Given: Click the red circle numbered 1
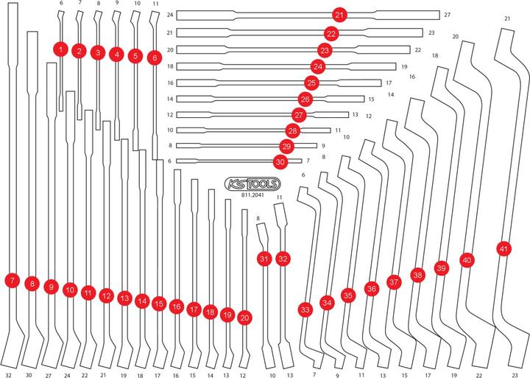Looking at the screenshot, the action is [61, 50].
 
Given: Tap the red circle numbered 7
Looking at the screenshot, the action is [13, 280].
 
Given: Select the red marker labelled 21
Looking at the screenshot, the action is [339, 15].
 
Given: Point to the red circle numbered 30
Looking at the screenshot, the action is [280, 162].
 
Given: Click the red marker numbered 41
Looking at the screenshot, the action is [504, 249].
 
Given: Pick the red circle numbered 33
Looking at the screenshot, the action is [305, 309].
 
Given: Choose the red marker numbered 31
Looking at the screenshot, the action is [264, 259].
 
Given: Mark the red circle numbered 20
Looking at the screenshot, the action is [244, 318].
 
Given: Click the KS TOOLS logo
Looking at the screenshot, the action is [252, 184].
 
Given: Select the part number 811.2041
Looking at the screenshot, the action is [252, 195].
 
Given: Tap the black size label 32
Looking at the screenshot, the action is [8, 375].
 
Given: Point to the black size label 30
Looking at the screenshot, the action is [29, 374].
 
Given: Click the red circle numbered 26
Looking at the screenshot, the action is [305, 99].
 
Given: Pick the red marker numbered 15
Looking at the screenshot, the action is [158, 304].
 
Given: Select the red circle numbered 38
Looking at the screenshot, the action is [418, 275].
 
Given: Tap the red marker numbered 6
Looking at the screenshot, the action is [155, 58].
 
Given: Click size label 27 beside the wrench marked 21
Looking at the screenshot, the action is [448, 15].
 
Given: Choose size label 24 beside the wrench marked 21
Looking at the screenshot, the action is [170, 15].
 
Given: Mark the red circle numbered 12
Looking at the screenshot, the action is [107, 296].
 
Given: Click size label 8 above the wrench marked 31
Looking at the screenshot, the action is [258, 219].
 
